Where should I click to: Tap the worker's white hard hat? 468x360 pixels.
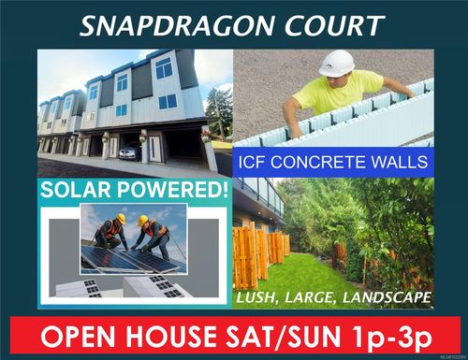point(336,63)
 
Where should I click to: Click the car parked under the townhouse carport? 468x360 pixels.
point(130,151)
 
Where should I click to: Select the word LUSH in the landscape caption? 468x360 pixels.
point(256,298)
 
